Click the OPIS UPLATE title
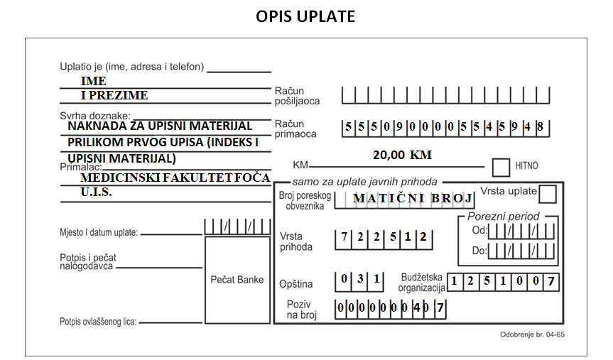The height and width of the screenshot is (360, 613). click(305, 16)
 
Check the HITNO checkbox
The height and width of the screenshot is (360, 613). click(501, 168)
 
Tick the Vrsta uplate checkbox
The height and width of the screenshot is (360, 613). click(548, 194)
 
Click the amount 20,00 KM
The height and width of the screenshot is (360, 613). click(402, 155)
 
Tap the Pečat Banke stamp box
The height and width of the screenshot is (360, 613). click(238, 280)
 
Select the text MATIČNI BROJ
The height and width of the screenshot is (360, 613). click(413, 198)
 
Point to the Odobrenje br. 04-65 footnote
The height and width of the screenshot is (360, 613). click(532, 334)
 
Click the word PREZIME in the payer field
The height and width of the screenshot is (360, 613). click(119, 95)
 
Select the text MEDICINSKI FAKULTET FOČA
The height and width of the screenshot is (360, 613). click(175, 178)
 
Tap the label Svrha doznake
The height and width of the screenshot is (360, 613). click(95, 116)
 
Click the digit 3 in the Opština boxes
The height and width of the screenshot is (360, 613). click(360, 278)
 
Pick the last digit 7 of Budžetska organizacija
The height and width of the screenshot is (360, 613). click(550, 281)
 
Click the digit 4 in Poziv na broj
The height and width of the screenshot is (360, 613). click(416, 308)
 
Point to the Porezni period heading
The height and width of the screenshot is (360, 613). click(503, 217)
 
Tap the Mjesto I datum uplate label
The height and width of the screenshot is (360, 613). click(99, 233)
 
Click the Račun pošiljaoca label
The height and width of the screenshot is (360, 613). click(297, 96)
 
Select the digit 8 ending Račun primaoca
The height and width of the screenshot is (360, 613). click(540, 126)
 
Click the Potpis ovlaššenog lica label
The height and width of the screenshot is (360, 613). click(98, 322)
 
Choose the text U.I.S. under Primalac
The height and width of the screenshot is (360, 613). click(96, 192)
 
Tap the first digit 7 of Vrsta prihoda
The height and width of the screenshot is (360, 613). click(344, 236)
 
